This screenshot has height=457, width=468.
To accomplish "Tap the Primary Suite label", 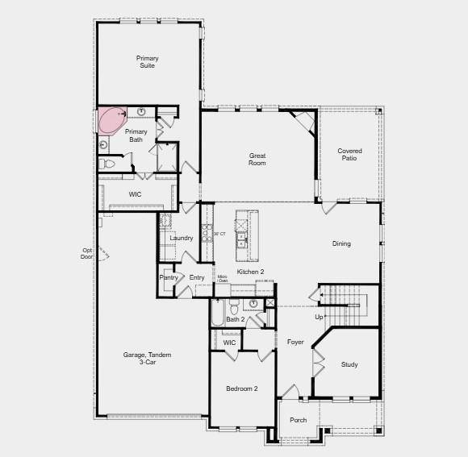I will [x=147, y=62].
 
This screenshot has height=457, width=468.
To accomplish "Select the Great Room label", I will [x=257, y=160].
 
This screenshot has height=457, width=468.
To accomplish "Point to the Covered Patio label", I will [x=349, y=154].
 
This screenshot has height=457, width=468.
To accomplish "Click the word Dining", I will [x=341, y=243].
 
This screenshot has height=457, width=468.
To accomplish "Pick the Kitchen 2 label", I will [x=250, y=272].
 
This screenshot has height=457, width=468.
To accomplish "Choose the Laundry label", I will [x=182, y=238].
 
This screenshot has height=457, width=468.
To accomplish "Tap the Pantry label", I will [x=169, y=278].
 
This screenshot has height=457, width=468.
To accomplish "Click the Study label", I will [x=349, y=365].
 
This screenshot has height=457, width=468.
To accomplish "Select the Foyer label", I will [x=295, y=343].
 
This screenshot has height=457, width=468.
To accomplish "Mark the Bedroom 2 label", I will [x=241, y=389].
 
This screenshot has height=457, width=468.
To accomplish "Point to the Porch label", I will [x=299, y=420].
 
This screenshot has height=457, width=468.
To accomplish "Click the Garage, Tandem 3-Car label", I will [x=148, y=359].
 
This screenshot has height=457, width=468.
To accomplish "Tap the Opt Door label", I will [x=87, y=253].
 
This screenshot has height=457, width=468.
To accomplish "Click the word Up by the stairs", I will [x=319, y=317].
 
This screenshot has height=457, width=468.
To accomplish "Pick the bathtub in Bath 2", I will [x=216, y=313].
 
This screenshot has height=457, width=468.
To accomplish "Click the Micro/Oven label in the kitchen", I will [x=223, y=279].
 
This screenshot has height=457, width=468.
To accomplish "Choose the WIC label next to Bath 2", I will [x=229, y=343].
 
